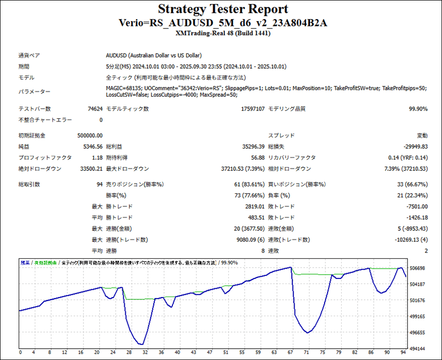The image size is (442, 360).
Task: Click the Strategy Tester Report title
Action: click(x=223, y=9)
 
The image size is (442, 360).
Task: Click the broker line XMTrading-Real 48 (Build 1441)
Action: click(x=223, y=33)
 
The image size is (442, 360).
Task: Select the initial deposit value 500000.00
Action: click(x=90, y=136)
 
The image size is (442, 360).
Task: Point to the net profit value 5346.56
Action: click(x=93, y=147)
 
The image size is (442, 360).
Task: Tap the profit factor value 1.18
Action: click(x=97, y=158)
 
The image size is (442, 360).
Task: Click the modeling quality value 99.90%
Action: click(x=418, y=109)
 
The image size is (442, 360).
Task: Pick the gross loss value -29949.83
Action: click(x=411, y=147)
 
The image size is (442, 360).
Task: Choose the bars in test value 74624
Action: click(x=95, y=109)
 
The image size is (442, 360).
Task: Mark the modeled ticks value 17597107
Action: click(x=253, y=109)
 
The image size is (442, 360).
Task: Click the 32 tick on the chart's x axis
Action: click(x=144, y=353)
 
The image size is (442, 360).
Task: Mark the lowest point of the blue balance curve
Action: click(x=141, y=344)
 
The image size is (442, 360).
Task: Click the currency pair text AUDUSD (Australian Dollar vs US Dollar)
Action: click(x=154, y=55)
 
